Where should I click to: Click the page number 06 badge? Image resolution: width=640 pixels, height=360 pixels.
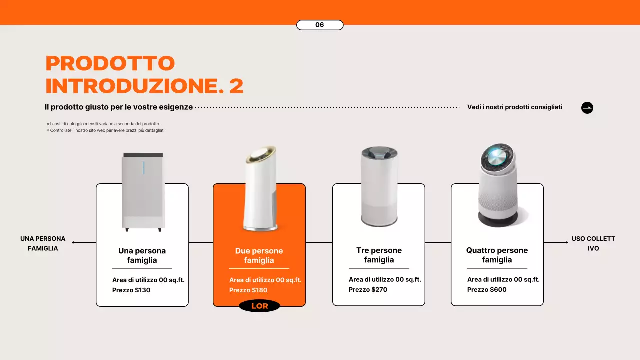(x=320, y=25)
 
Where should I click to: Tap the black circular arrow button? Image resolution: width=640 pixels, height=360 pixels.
(x=587, y=108)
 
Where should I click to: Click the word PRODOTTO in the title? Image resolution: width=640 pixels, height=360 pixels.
(x=110, y=63)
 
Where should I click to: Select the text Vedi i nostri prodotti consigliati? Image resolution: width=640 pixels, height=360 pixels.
(x=514, y=107)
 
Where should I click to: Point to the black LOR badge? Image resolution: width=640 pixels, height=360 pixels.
(x=259, y=306)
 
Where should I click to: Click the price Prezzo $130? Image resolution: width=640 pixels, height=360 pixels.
(x=131, y=290)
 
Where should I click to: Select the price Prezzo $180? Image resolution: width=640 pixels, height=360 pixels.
(x=248, y=290)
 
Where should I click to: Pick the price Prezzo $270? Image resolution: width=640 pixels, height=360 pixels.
(x=368, y=290)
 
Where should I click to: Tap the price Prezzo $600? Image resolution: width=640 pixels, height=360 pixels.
(x=487, y=290)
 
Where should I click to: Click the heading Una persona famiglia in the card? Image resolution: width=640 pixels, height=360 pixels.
(x=142, y=255)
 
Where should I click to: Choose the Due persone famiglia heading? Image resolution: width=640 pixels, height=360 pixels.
(x=259, y=255)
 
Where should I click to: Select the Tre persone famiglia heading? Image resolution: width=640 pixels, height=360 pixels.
(x=379, y=255)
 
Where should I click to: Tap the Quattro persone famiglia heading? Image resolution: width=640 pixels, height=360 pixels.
(x=497, y=255)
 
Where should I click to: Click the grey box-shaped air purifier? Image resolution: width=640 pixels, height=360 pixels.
(x=143, y=192)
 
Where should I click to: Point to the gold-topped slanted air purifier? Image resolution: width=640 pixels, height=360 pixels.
(x=261, y=190)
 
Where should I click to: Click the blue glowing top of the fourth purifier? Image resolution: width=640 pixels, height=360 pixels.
(x=497, y=157)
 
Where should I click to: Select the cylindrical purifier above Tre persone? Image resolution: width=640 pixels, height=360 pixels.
(x=379, y=187)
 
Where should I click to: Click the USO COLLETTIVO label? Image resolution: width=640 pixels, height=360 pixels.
(x=593, y=243)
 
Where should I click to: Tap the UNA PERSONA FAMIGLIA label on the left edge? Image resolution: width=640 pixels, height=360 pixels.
(x=43, y=243)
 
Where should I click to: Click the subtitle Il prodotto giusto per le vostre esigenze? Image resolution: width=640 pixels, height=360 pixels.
(x=118, y=107)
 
